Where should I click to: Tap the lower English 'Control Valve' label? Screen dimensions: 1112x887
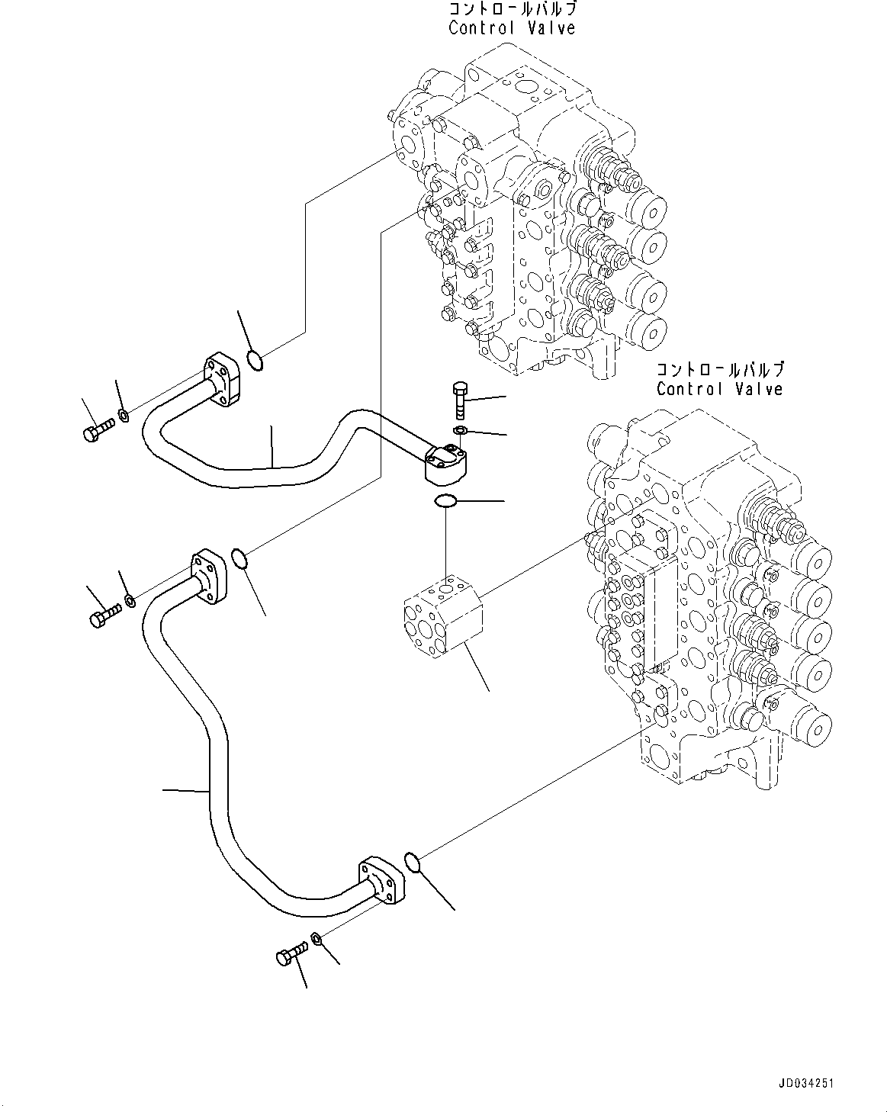719,389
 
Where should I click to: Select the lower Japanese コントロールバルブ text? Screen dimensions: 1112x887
719,370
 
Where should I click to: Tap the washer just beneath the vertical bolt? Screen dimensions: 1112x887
459,432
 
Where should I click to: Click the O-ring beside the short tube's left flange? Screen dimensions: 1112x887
256,359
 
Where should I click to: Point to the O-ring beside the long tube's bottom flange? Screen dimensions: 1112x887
412,861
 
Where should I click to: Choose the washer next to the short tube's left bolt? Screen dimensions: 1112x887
123,416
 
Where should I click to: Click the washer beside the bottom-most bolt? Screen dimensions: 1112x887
317,939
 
